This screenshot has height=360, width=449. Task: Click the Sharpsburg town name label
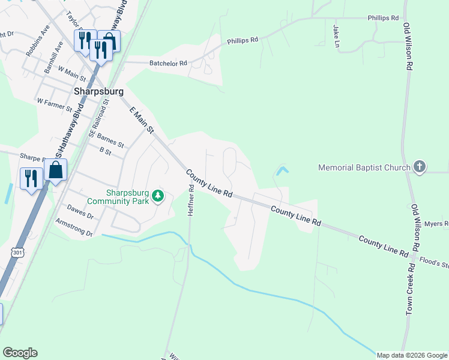click(x=98, y=92)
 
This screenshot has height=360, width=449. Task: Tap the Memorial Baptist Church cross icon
click(x=419, y=167)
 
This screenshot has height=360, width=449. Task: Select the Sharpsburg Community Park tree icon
click(x=157, y=196)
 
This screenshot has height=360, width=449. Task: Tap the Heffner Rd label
click(x=191, y=200)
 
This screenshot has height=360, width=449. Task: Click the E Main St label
click(x=142, y=118)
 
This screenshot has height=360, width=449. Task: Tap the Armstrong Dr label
click(x=73, y=229)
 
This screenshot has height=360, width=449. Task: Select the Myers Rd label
click(x=436, y=224)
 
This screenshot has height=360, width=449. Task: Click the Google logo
click(x=20, y=353)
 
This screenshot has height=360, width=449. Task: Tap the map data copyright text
click(x=411, y=355)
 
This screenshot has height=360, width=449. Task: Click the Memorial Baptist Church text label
click(x=364, y=168)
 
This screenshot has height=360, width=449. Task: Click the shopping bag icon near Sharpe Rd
click(x=55, y=170)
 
